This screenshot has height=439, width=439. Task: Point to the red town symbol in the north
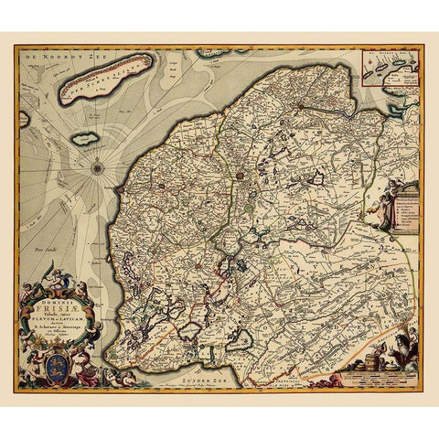click(x=240, y=171)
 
